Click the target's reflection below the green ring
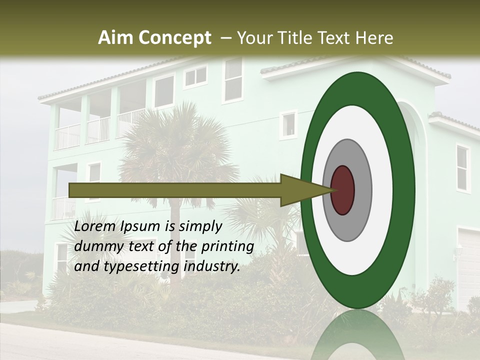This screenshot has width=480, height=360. [x=357, y=335]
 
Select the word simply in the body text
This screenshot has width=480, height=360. [x=200, y=227]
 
